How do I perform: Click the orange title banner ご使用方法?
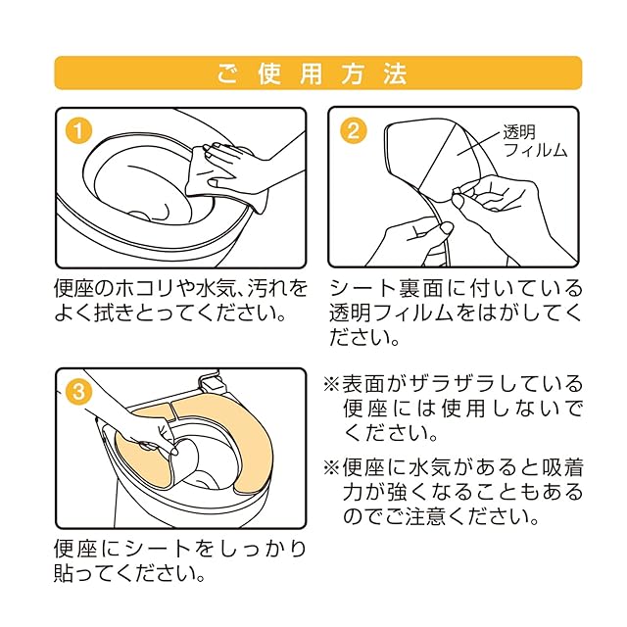318,73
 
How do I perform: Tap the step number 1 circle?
78,130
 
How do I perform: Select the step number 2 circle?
354,130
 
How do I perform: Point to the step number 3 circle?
78,392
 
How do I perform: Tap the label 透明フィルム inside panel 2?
535,141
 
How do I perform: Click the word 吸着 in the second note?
560,468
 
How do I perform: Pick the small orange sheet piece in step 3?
153,414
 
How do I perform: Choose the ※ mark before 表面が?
331,384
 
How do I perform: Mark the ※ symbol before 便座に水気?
331,468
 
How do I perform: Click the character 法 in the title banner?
395,73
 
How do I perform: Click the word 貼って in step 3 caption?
85,572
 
